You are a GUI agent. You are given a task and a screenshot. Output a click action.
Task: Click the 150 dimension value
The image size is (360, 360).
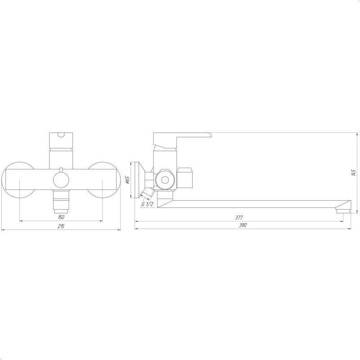61,217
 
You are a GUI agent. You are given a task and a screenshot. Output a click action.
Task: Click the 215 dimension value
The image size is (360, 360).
61,226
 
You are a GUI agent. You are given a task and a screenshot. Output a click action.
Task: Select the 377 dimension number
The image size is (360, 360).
239,217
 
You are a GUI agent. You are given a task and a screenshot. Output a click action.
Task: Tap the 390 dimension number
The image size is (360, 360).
243,225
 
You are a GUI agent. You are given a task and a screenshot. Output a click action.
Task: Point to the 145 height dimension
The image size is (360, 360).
353,173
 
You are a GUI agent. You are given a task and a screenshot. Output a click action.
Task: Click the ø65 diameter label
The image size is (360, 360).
128,180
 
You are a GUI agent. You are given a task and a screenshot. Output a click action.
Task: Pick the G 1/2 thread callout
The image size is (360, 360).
148,204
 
